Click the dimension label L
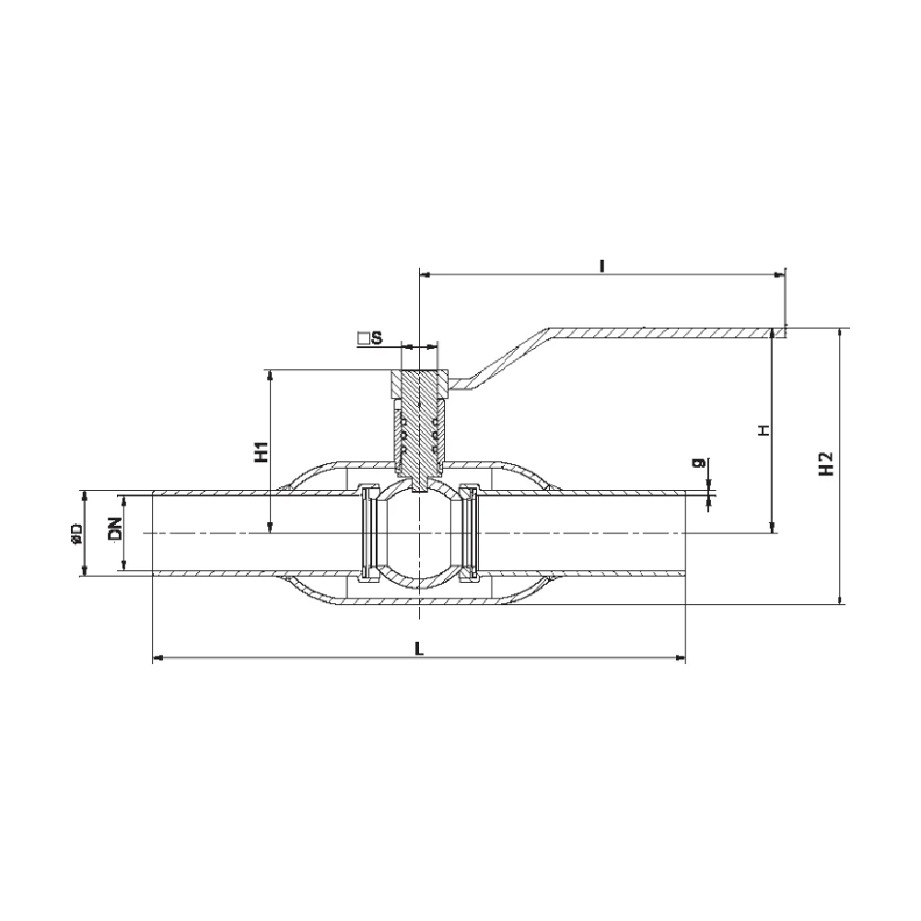pyautogui.click(x=419, y=647)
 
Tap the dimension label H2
pyautogui.click(x=826, y=463)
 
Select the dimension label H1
pyautogui.click(x=262, y=451)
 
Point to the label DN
pyautogui.click(x=115, y=528)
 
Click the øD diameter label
pyautogui.click(x=76, y=532)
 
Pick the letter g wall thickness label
pyautogui.click(x=699, y=463)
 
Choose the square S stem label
pyautogui.click(x=370, y=338)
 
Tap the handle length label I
pyautogui.click(x=601, y=266)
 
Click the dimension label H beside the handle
pyautogui.click(x=764, y=430)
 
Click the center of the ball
pyautogui.click(x=419, y=532)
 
